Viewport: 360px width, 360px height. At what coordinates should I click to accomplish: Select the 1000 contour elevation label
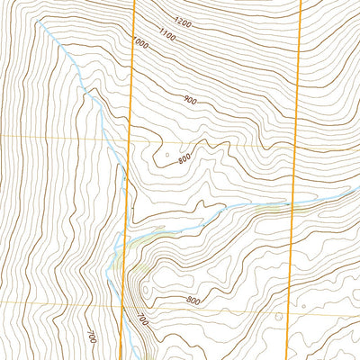(x=139, y=42)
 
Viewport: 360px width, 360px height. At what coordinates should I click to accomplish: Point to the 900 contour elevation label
(x=189, y=100)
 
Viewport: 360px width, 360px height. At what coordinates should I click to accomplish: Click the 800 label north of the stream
(x=184, y=159)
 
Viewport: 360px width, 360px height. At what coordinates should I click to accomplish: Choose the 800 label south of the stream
(x=193, y=300)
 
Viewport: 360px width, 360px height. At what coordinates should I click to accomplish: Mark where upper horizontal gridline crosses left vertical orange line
(x=130, y=137)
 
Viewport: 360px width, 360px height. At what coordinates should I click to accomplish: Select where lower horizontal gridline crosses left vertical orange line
(x=123, y=302)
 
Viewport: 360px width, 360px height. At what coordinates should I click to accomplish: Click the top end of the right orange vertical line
(x=300, y=1)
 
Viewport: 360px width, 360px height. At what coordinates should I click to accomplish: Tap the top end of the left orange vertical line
(x=135, y=1)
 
